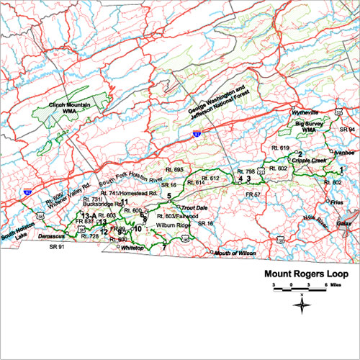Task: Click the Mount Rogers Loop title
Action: [x=307, y=274]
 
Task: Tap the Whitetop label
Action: [x=132, y=247]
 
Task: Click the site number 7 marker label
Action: [x=164, y=247]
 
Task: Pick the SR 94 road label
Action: [x=348, y=129]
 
